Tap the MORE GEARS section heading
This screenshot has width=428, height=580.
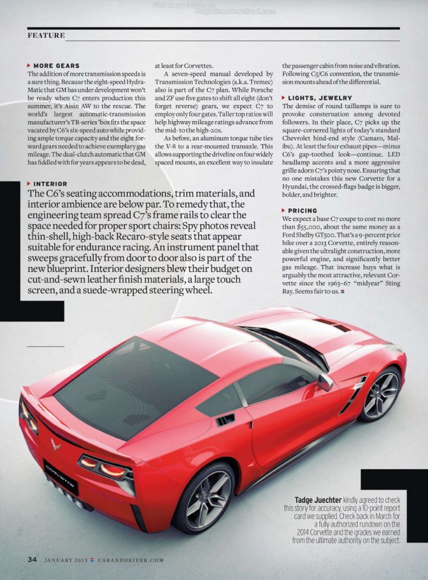56,66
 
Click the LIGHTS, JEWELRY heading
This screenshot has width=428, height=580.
319,98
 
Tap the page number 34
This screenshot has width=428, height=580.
32,559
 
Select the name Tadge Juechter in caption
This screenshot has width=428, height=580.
316,500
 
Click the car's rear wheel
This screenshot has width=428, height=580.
203,497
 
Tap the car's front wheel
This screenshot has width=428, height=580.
380,394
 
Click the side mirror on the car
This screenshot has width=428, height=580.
326,382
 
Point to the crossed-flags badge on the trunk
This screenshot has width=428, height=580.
55,444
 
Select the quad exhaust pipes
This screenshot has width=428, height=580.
66,493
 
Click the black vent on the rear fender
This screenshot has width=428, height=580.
225,420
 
